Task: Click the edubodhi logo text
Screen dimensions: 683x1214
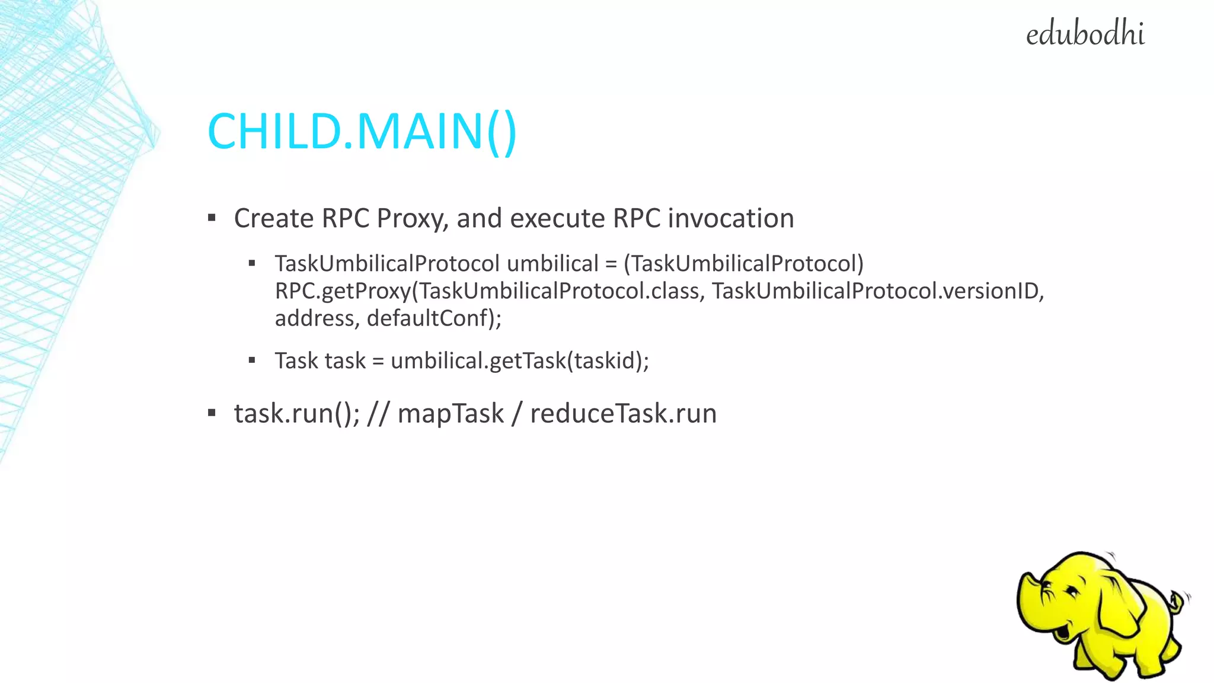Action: pyautogui.click(x=1085, y=34)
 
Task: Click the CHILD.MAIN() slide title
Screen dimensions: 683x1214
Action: pyautogui.click(x=362, y=131)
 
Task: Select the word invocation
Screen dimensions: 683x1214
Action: pyautogui.click(x=730, y=218)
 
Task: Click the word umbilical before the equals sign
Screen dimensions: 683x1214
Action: pyautogui.click(x=552, y=263)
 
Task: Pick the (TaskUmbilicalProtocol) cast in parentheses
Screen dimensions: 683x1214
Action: pyautogui.click(x=743, y=263)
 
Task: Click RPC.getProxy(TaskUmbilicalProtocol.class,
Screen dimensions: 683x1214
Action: pyautogui.click(x=490, y=291)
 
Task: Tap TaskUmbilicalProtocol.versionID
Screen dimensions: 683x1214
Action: pyautogui.click(x=877, y=291)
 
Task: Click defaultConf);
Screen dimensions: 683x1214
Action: pyautogui.click(x=434, y=318)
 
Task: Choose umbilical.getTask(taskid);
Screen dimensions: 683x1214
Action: pyautogui.click(x=520, y=360)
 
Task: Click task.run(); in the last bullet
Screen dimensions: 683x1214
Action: pyautogui.click(x=296, y=413)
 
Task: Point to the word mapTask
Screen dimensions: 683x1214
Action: pyautogui.click(x=451, y=413)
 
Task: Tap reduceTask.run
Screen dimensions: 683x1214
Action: pyautogui.click(x=623, y=413)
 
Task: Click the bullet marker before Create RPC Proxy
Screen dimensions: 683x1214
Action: pyautogui.click(x=212, y=218)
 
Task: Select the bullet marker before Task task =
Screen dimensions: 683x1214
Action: pyautogui.click(x=252, y=360)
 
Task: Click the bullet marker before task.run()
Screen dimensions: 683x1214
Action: pyautogui.click(x=212, y=413)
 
